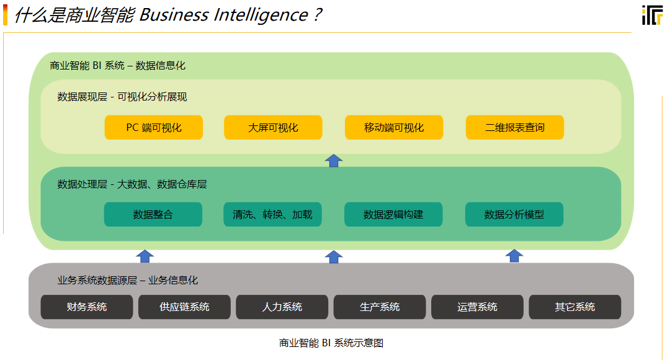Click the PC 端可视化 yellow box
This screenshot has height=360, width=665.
point(154,127)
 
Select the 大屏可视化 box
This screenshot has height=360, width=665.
point(273,127)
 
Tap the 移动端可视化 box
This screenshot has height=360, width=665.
point(394,127)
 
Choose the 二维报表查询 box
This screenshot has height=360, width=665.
point(515,127)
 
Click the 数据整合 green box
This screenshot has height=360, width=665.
point(153,215)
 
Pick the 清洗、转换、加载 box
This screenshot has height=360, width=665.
point(272,215)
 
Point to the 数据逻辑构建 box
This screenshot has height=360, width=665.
point(393,215)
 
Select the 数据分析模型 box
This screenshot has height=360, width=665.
point(514,215)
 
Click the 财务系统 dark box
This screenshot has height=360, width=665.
point(87,307)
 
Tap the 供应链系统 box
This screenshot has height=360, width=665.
point(184,307)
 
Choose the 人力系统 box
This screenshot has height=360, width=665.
point(282,307)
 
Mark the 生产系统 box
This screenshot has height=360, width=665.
point(380,307)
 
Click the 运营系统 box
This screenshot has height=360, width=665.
point(477,307)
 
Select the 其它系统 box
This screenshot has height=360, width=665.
point(575,307)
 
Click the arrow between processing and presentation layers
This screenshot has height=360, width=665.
point(334,161)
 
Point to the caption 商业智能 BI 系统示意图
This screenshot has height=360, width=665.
point(331,343)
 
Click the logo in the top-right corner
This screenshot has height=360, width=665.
point(652,15)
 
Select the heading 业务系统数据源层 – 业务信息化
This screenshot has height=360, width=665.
point(128,280)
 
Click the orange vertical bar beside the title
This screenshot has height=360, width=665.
point(5,14)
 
